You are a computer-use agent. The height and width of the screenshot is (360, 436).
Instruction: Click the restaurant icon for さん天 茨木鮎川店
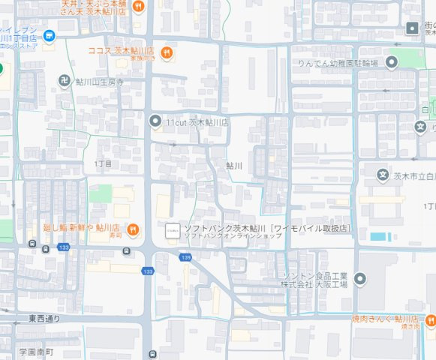point(137,7)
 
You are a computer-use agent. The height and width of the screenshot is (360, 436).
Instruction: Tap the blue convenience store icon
point(49,35)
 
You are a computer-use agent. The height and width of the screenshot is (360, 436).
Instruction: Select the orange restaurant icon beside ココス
point(167,52)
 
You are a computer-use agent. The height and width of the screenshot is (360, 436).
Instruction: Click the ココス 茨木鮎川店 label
point(121,51)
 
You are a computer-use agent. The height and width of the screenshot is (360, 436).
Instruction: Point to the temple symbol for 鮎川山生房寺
point(65,79)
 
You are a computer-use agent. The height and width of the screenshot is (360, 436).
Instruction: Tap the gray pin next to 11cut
point(155,121)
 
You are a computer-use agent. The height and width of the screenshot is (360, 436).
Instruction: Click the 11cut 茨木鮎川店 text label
point(197,122)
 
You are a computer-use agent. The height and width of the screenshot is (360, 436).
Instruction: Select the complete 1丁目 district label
point(103,163)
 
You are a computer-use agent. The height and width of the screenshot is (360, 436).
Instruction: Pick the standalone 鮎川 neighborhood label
point(234,165)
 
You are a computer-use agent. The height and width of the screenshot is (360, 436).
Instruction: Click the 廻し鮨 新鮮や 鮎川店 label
point(81,228)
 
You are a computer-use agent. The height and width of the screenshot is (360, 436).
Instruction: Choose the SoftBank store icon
point(172,229)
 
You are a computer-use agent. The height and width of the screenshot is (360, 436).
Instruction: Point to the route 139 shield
point(185,257)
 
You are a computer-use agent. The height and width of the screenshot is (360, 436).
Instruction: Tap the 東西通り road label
point(44,319)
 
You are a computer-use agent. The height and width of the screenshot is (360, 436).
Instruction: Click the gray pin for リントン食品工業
point(360,279)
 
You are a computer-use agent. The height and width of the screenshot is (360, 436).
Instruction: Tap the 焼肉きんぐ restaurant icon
point(430,322)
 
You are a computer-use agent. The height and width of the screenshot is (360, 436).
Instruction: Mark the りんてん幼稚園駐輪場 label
point(337,63)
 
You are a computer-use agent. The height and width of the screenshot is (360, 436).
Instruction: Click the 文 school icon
point(383,175)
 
